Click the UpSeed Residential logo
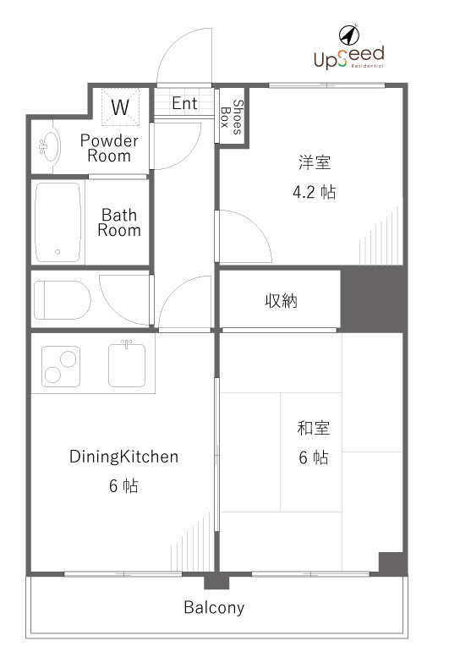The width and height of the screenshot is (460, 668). [x=348, y=57]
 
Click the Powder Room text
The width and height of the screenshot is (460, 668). [x=109, y=148]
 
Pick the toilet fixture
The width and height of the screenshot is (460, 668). [x=62, y=298]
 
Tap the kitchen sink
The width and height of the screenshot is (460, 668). [x=127, y=365]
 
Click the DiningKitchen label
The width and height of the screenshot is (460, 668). [x=123, y=457]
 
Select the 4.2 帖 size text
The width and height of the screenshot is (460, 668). [x=313, y=192]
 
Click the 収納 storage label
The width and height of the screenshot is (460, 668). [x=281, y=300]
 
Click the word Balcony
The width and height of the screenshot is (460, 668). [x=214, y=607]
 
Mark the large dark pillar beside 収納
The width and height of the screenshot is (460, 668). [x=373, y=299]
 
